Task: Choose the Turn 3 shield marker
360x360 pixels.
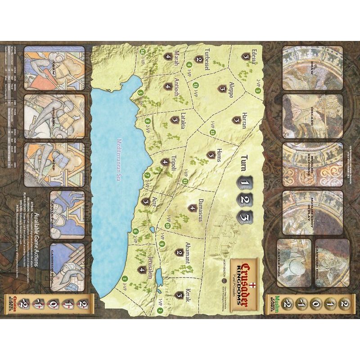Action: [244, 216]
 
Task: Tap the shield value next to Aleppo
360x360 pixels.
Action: [221, 89]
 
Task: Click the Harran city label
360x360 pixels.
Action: [244, 120]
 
